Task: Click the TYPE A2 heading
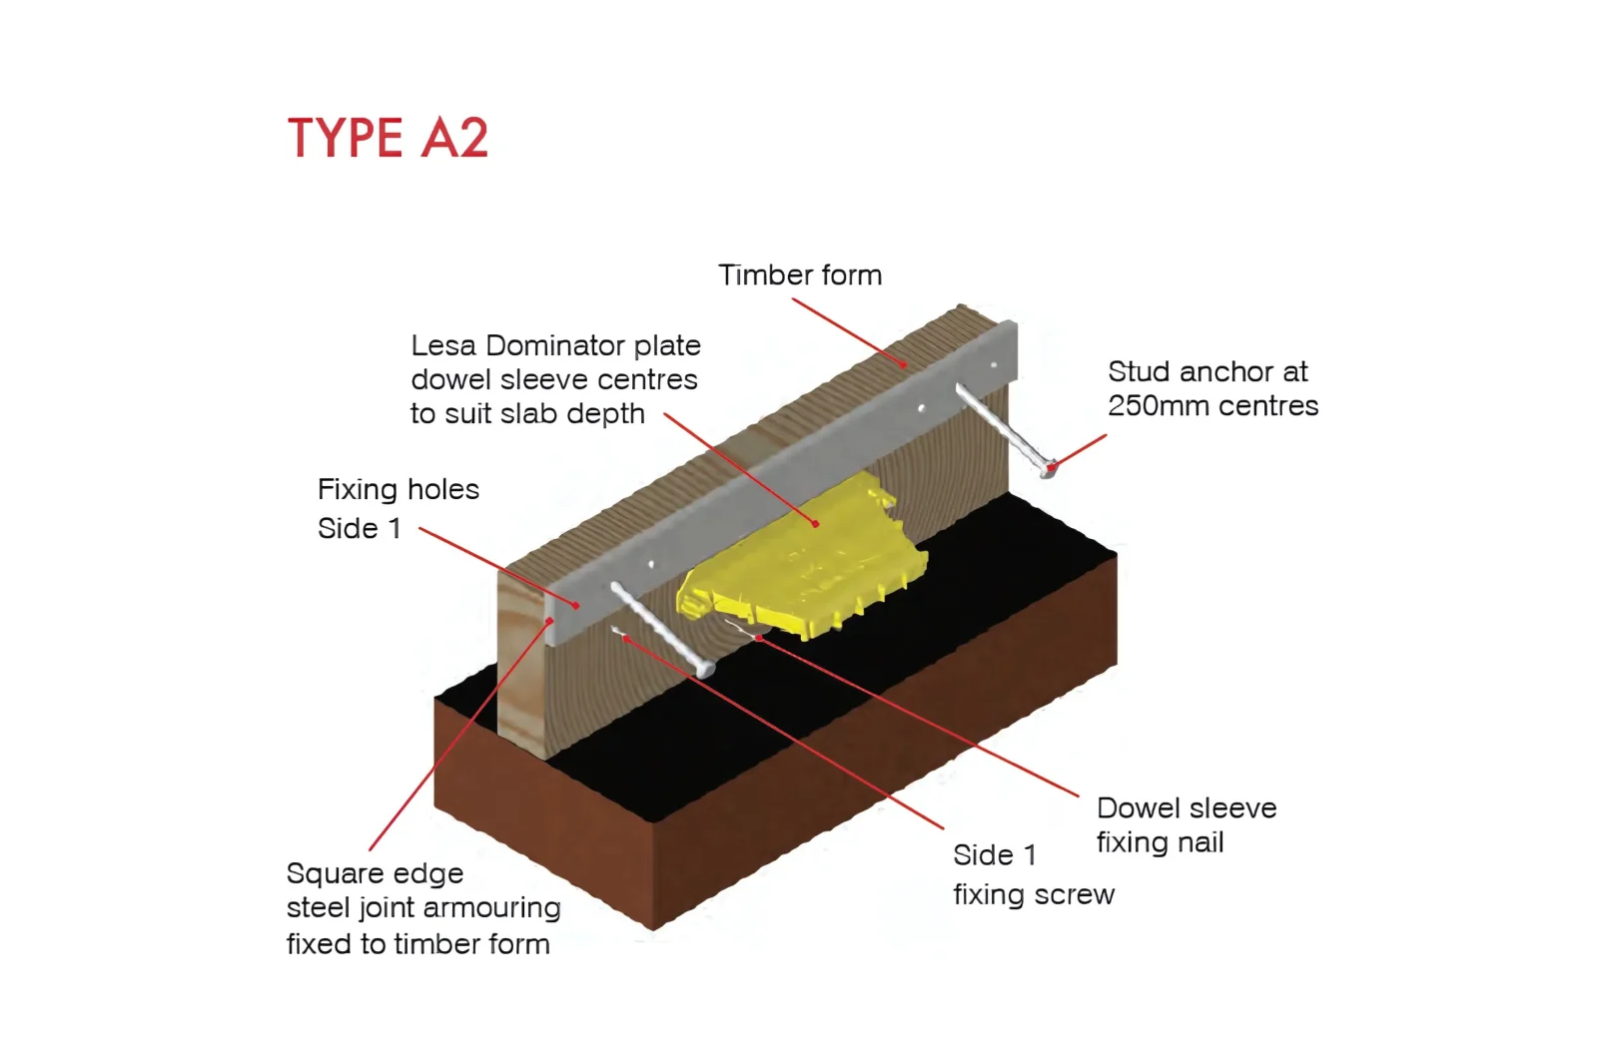click(x=388, y=138)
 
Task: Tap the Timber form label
click(x=800, y=275)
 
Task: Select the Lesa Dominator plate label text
click(x=555, y=379)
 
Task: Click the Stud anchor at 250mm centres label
click(x=1212, y=388)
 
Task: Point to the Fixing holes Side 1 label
click(x=398, y=508)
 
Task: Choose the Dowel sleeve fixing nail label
click(x=1187, y=824)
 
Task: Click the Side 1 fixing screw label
click(x=1033, y=874)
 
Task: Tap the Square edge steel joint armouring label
click(x=422, y=908)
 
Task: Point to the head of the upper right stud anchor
click(x=1048, y=466)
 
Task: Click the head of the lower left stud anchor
click(x=705, y=668)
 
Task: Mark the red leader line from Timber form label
click(x=849, y=332)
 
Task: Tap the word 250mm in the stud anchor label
click(x=1164, y=406)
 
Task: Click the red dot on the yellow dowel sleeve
click(x=815, y=523)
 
